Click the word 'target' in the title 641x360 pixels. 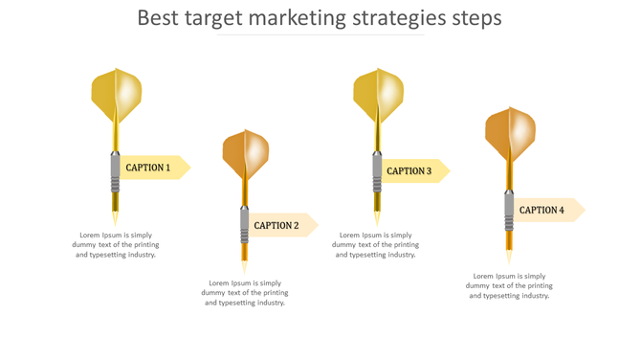[x=213, y=18]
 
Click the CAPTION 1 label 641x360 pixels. [x=148, y=168]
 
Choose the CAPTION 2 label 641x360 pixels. [x=276, y=226]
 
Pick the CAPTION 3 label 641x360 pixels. [x=409, y=171]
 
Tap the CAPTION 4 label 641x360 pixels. [x=542, y=210]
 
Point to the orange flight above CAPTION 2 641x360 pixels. [x=246, y=153]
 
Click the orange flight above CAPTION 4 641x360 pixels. [x=510, y=133]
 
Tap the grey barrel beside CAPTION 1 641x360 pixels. [x=115, y=172]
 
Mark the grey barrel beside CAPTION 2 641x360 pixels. [x=245, y=225]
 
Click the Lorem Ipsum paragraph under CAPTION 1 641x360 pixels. [x=115, y=245]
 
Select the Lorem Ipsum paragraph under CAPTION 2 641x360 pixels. [x=245, y=293]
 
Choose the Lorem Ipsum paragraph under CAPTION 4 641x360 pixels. [x=509, y=285]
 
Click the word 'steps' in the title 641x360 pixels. [x=475, y=18]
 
